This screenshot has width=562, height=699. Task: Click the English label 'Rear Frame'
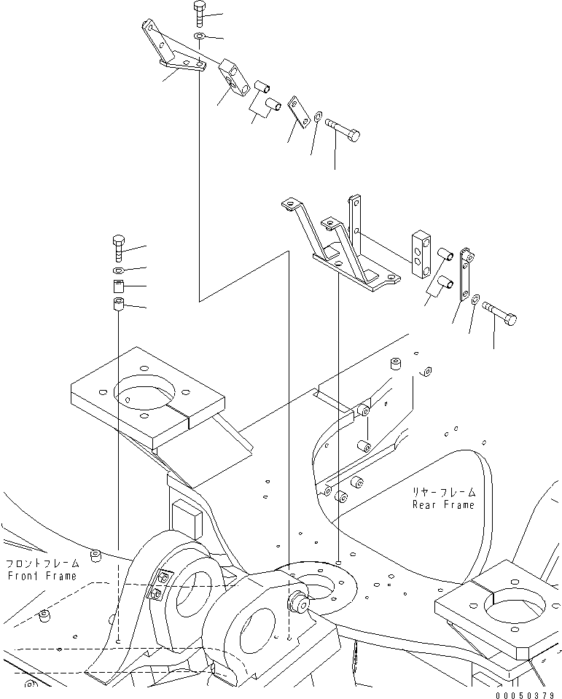click(443, 504)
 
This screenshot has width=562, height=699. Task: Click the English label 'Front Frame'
click(42, 576)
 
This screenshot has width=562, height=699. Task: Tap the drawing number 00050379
click(526, 695)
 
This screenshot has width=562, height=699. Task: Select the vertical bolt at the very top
click(199, 14)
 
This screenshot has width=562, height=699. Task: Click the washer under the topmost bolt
click(199, 35)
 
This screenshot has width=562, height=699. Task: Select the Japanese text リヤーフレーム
click(443, 492)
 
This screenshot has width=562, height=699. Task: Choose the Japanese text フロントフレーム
click(43, 563)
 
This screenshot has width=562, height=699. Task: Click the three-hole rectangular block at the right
click(421, 254)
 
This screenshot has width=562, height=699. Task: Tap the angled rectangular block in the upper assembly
click(235, 77)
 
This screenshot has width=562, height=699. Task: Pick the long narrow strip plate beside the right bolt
click(467, 274)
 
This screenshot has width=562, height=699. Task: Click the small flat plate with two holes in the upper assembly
click(299, 112)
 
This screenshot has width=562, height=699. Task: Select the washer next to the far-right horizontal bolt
click(475, 298)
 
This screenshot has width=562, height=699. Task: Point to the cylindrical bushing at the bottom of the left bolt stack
click(117, 305)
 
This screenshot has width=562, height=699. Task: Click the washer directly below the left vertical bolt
click(118, 270)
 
